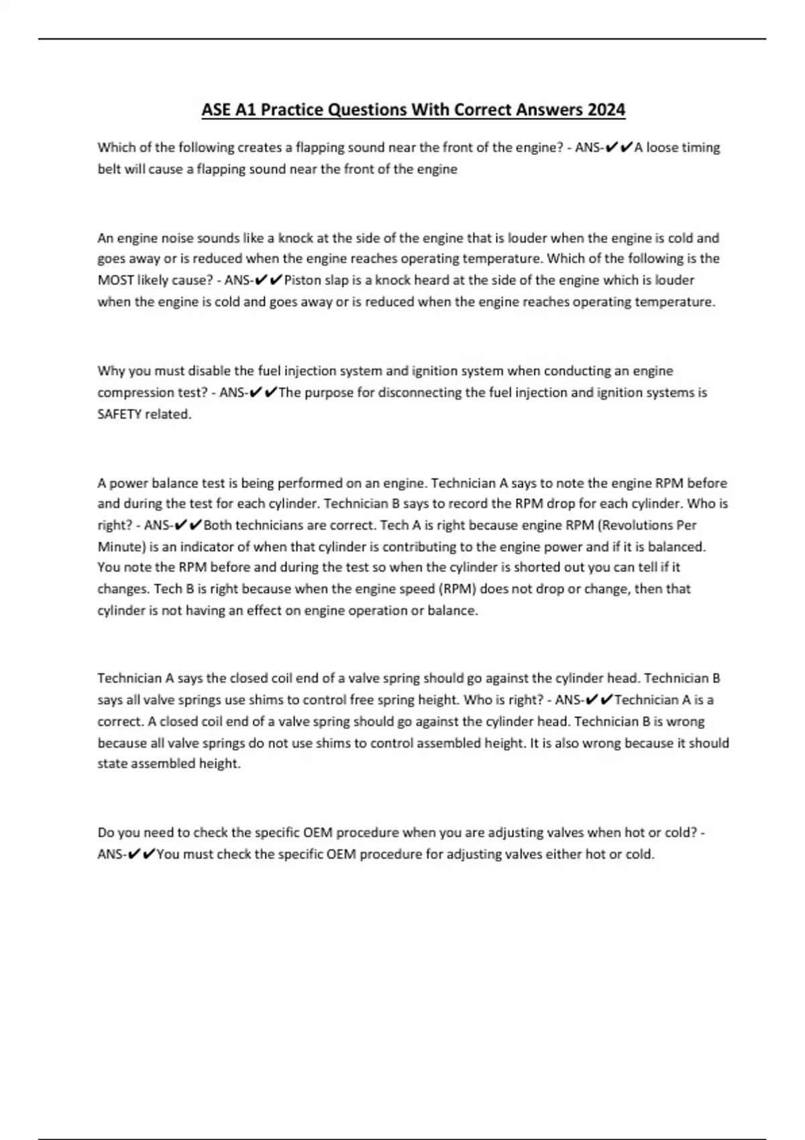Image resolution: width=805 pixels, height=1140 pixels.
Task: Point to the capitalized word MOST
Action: (x=115, y=280)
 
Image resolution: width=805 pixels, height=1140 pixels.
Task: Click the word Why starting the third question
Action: (x=109, y=371)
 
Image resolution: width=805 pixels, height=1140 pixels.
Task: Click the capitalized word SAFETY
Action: (x=119, y=414)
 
